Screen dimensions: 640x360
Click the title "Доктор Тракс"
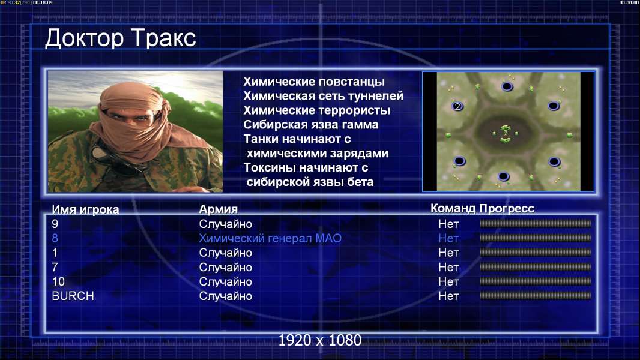[121, 38]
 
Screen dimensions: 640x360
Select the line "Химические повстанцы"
[314, 82]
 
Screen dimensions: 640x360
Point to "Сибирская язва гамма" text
[310, 125]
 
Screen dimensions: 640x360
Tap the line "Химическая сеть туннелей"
[323, 96]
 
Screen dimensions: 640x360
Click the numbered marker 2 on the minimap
[457, 106]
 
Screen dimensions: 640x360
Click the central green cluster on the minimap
[506, 133]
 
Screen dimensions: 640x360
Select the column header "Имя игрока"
[85, 209]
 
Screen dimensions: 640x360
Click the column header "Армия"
[219, 209]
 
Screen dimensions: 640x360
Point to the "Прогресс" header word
[507, 208]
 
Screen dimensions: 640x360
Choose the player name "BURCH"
[73, 296]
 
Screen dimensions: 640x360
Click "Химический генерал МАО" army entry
[270, 239]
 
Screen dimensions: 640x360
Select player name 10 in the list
[58, 282]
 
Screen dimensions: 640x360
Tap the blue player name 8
[55, 239]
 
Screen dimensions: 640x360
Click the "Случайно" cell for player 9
[225, 224]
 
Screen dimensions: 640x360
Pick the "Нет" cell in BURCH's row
[448, 296]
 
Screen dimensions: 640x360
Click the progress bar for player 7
[536, 267]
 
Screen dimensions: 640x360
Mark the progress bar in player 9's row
[536, 223]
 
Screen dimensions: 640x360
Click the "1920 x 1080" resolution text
[320, 340]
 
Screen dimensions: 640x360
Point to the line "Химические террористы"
[317, 110]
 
